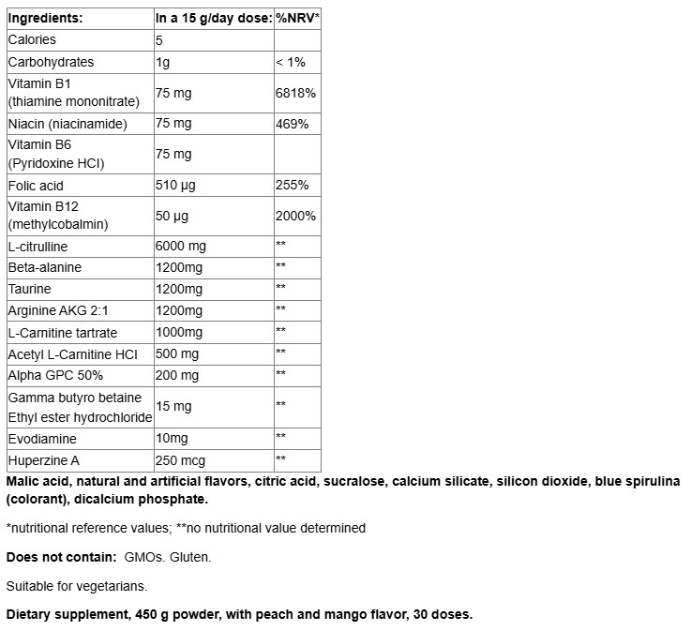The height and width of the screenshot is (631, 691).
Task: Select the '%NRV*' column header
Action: point(298,18)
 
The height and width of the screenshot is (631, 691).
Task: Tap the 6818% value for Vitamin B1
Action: point(295,94)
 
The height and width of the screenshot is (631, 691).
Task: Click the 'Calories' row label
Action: point(32,40)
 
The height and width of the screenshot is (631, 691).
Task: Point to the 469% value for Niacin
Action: point(292,124)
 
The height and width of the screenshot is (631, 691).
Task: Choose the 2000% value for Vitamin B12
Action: point(295,217)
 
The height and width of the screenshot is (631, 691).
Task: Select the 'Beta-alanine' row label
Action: point(44,268)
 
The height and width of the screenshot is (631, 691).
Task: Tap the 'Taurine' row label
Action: point(29,290)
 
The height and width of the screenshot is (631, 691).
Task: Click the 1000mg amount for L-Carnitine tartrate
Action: point(178,333)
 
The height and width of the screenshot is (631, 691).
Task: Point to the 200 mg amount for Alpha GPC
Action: point(177,376)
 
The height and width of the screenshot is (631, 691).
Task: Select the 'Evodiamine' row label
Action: point(42,439)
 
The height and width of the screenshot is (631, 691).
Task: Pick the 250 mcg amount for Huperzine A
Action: point(180,461)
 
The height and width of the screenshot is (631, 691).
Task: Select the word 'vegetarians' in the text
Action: point(112,586)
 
